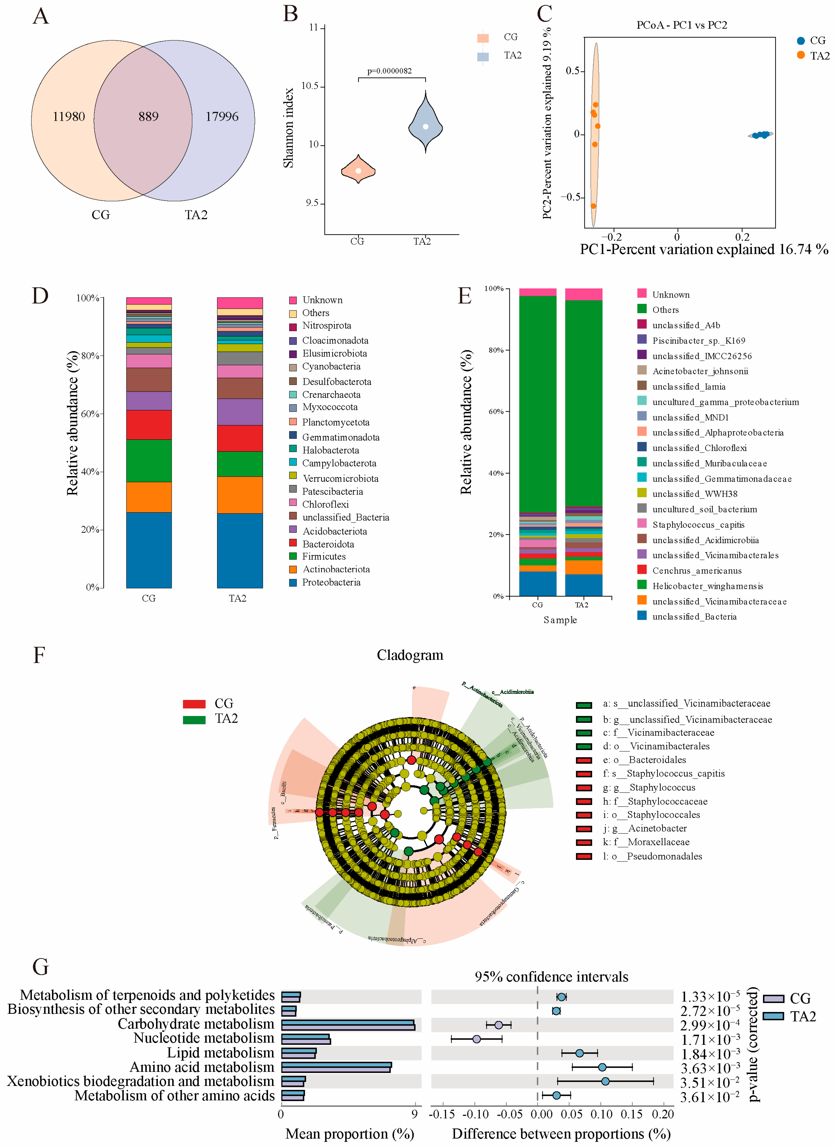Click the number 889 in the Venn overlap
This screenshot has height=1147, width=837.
(x=148, y=116)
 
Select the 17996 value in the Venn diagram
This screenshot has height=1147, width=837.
(x=222, y=116)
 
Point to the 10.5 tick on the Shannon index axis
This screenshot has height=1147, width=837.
(x=310, y=86)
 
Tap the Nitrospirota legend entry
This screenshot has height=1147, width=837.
(x=326, y=325)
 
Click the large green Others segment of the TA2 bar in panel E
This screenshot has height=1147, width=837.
(x=584, y=403)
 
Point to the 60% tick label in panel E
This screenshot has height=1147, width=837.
(x=495, y=411)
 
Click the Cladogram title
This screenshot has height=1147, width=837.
(x=410, y=655)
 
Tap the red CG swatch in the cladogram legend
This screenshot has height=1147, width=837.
(x=194, y=704)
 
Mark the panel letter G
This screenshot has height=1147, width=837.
(x=41, y=967)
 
